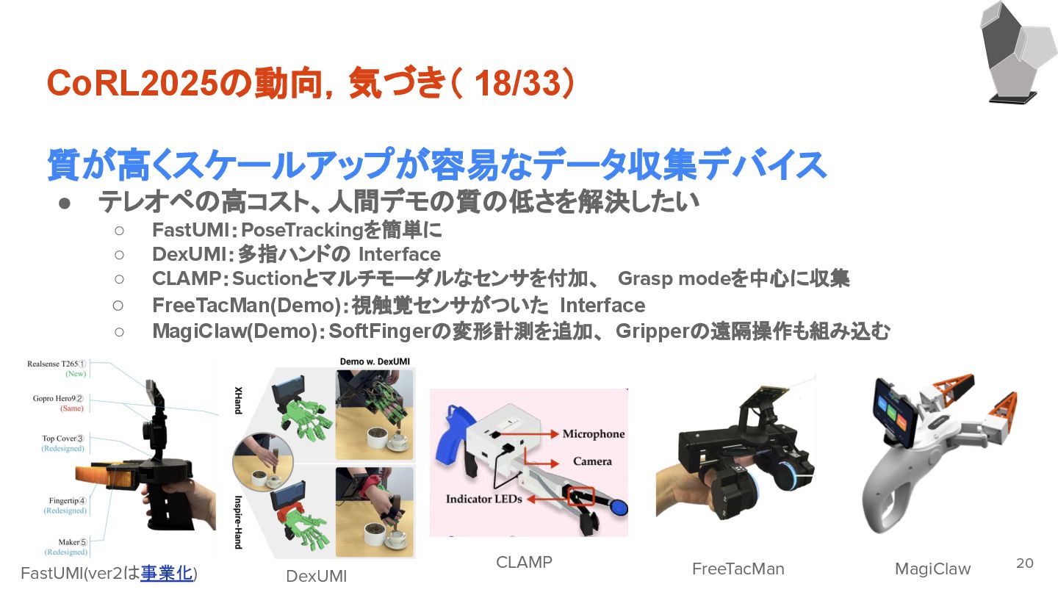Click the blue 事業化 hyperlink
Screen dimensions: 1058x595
tap(166, 573)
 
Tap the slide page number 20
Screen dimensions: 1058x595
tap(1024, 563)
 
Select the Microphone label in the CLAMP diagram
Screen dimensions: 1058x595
tap(593, 434)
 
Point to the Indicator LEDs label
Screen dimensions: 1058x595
tap(483, 500)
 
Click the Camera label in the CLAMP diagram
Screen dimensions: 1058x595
tap(592, 461)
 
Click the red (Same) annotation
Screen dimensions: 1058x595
tap(72, 408)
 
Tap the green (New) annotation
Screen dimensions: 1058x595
tap(76, 374)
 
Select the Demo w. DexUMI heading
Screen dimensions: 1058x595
tap(375, 361)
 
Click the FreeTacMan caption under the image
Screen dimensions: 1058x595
tap(738, 569)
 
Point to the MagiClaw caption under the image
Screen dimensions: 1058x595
tap(932, 569)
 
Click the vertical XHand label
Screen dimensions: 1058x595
tap(239, 400)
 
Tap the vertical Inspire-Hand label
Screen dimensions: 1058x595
tap(239, 522)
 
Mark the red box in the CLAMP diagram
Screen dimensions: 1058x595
tap(580, 496)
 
